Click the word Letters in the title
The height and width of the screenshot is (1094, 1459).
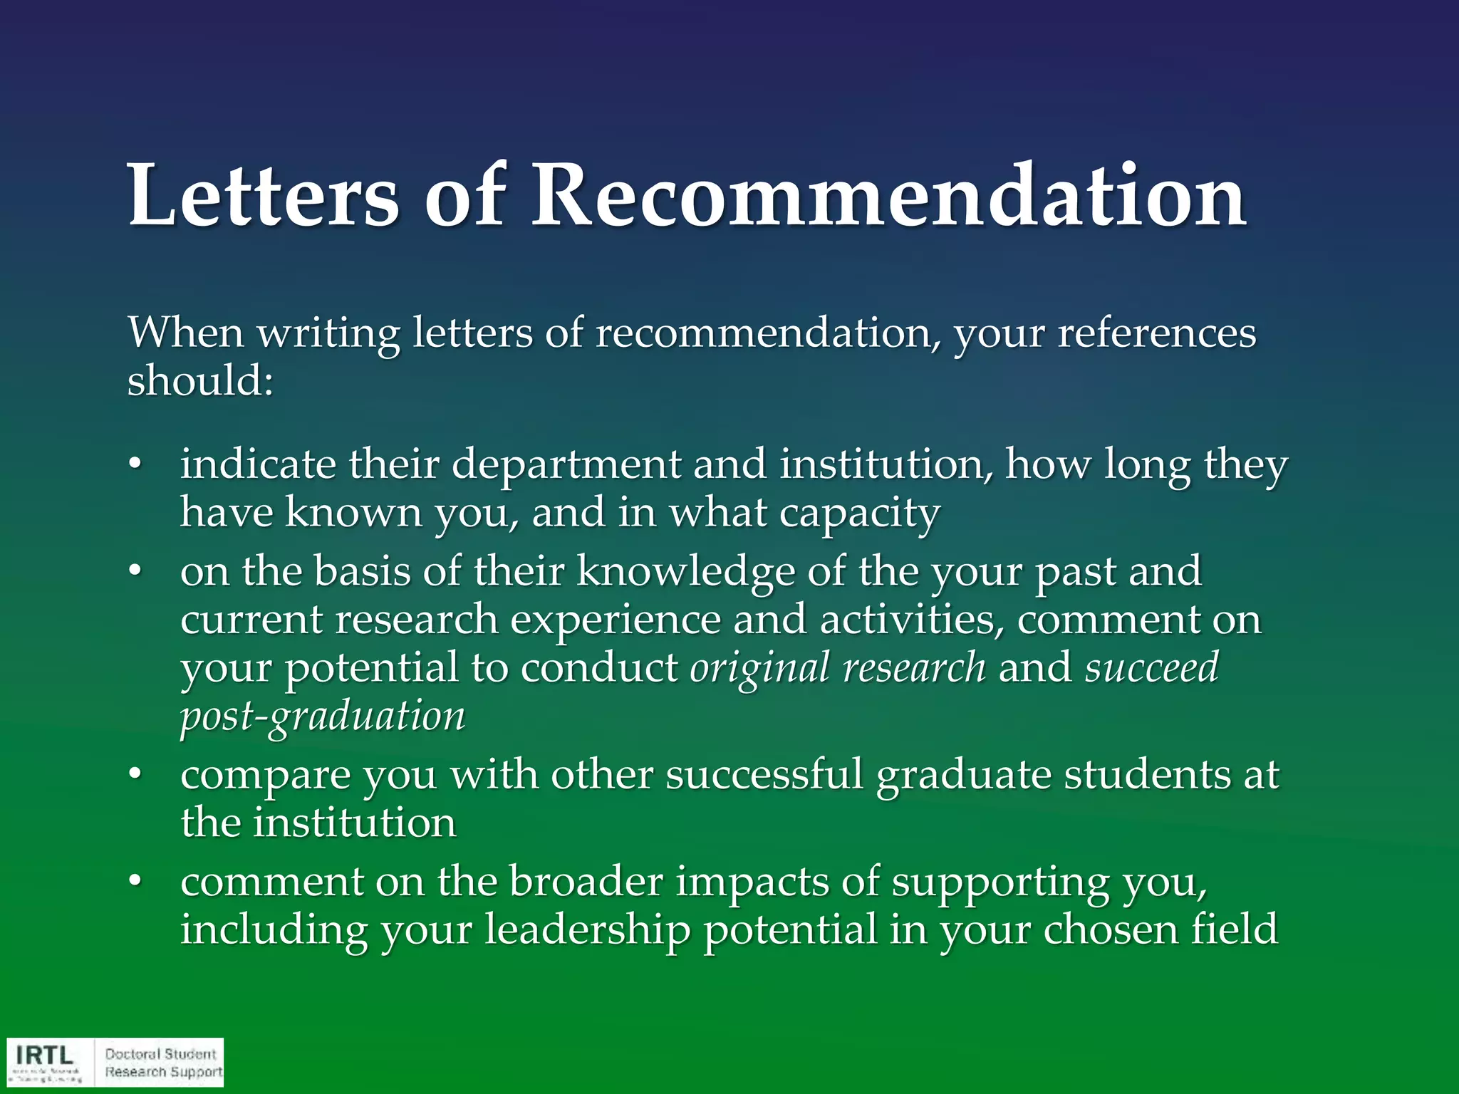263,195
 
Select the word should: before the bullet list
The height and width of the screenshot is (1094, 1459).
200,380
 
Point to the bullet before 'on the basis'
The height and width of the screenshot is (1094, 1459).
135,573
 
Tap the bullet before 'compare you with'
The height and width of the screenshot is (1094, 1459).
135,776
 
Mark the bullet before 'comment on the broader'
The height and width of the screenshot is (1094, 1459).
135,882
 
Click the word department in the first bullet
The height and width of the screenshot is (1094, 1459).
566,465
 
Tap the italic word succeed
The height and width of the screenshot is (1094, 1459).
1151,668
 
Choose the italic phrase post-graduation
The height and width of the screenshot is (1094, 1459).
322,717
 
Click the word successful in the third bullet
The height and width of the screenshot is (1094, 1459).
764,775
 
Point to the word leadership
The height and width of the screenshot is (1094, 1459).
587,930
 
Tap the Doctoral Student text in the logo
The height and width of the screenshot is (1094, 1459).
160,1053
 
